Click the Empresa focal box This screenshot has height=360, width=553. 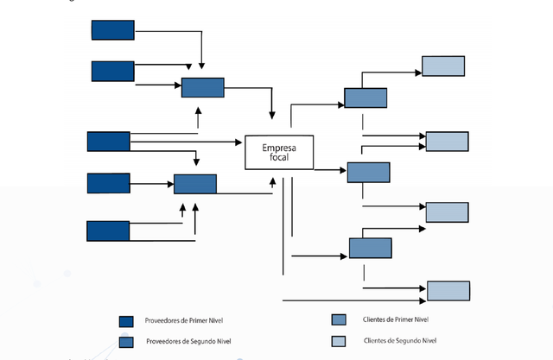coord(278,153)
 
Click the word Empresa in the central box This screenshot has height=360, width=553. coord(279,148)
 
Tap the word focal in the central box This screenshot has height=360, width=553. coord(279,159)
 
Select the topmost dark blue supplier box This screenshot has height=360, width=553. coord(113,30)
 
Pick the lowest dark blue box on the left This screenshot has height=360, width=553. coord(108,231)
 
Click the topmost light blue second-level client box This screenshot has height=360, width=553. coord(443,66)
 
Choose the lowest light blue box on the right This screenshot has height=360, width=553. coord(448,291)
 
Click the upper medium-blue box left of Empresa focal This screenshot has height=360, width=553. coord(202,87)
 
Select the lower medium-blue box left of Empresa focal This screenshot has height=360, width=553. coord(195,184)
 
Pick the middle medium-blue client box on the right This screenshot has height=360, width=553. coord(368,173)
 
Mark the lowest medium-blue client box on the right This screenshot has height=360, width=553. coord(370,248)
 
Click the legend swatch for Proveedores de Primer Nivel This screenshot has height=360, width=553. coord(126,322)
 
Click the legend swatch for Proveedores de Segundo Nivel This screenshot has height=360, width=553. coord(126,341)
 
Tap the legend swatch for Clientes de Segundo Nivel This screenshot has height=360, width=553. coord(339,340)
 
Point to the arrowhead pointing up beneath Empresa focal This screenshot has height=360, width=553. coord(274,181)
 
